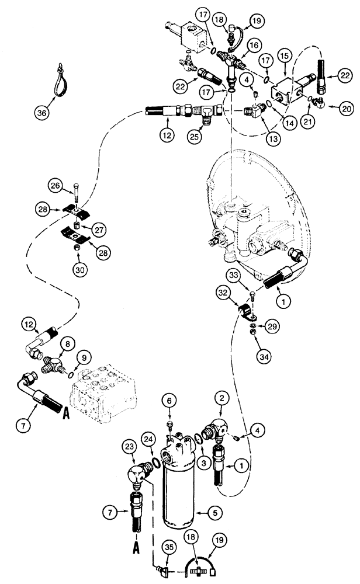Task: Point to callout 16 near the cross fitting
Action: point(254,44)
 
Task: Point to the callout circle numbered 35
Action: point(169,547)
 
